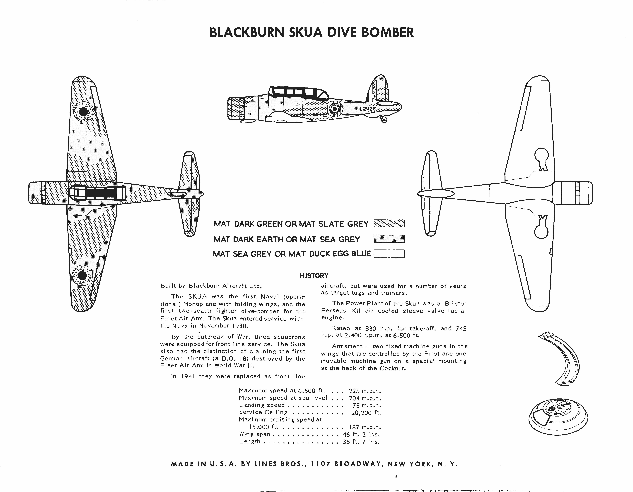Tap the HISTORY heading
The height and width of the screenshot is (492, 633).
(x=314, y=276)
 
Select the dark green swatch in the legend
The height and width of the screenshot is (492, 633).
(x=389, y=224)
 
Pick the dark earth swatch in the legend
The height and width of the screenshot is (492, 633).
(x=389, y=239)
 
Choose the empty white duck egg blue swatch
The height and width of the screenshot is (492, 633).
(x=389, y=254)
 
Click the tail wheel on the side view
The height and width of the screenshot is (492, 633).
(x=383, y=119)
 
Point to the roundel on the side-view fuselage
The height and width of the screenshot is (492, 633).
(x=335, y=109)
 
